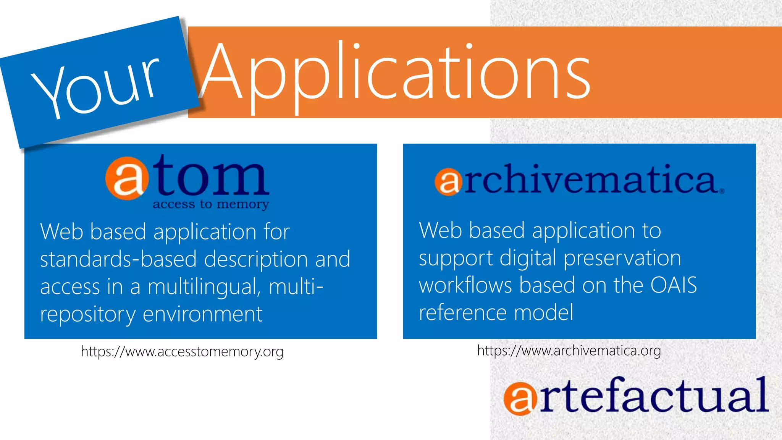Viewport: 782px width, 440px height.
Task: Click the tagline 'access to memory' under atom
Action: (211, 204)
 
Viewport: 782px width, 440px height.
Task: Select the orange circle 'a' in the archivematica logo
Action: (448, 182)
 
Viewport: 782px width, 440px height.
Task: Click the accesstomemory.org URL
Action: (182, 351)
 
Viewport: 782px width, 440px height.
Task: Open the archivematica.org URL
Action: (569, 350)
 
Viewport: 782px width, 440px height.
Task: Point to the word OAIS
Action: (674, 285)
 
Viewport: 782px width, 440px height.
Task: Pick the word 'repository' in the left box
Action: (88, 314)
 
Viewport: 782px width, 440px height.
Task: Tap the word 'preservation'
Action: (622, 258)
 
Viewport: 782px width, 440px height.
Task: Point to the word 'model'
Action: (544, 312)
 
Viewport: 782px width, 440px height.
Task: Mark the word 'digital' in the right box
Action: (528, 258)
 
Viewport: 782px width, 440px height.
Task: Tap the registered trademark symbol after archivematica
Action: (722, 191)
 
